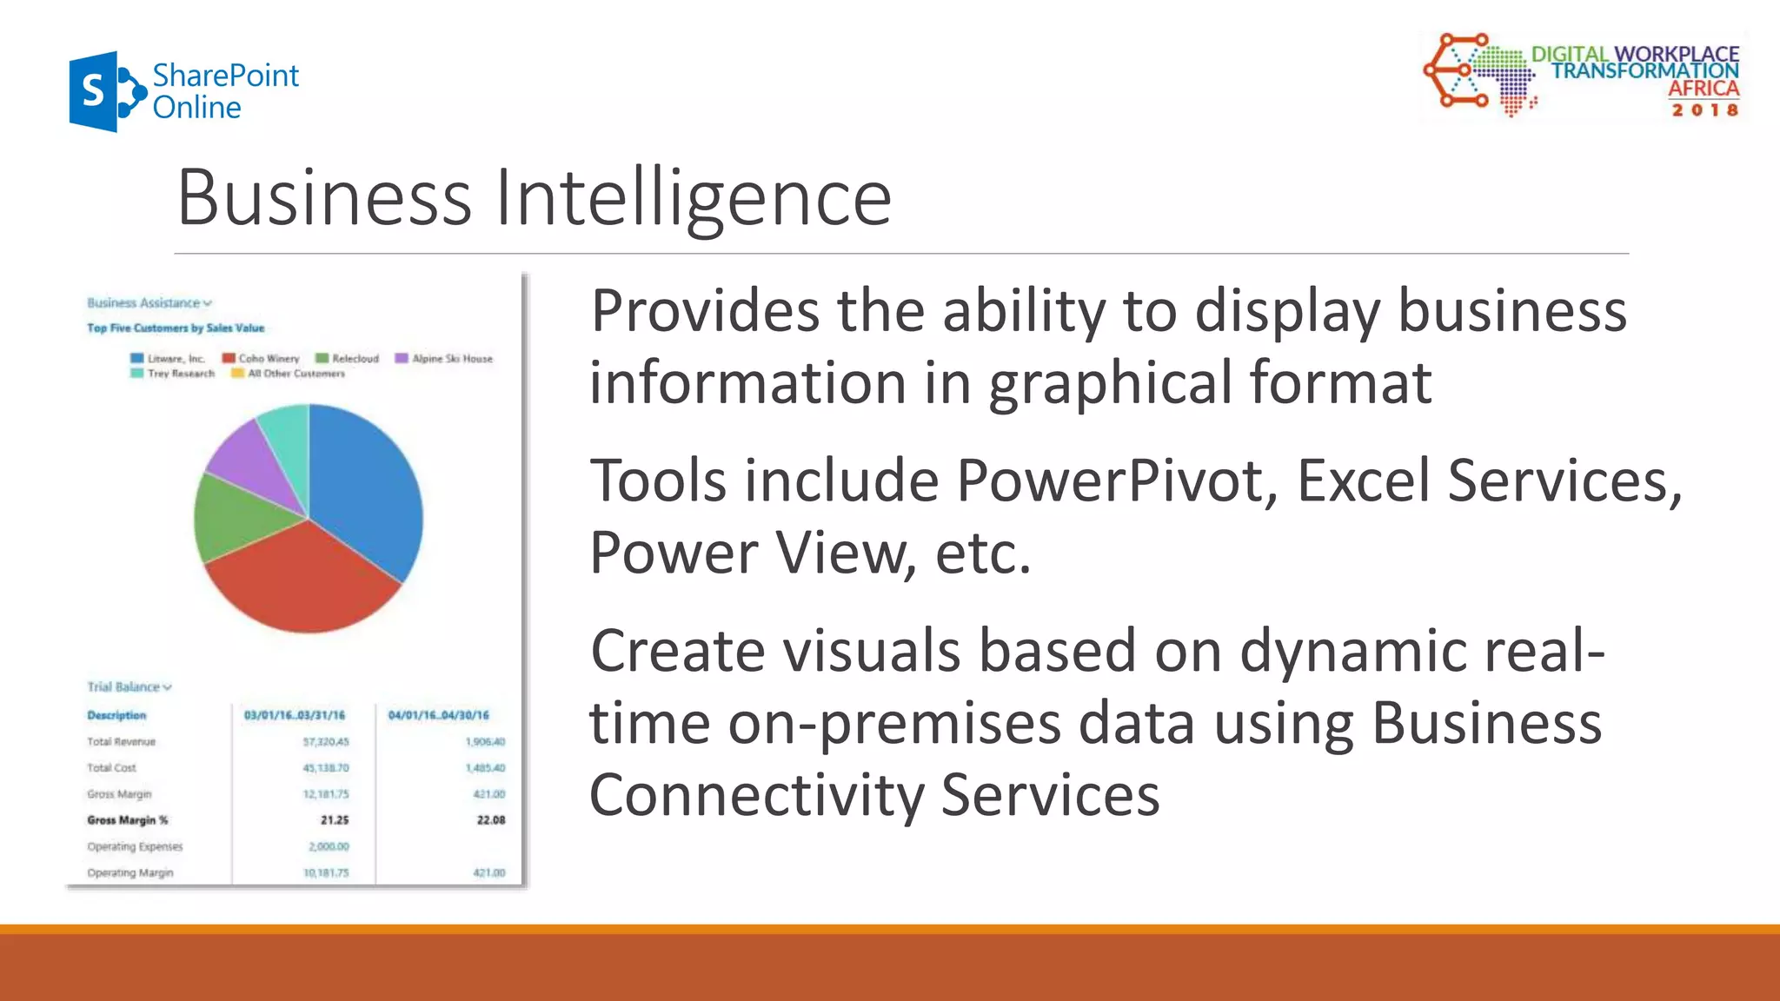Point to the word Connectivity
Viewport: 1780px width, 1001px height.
(757, 795)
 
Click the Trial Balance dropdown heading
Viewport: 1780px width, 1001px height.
(129, 686)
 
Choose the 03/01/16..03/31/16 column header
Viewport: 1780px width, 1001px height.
(295, 715)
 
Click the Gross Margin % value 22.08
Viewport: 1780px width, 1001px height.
(490, 820)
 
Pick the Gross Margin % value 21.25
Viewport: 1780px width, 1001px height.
(334, 820)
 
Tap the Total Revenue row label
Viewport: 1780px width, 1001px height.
(121, 742)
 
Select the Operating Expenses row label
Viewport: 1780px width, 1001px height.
(135, 846)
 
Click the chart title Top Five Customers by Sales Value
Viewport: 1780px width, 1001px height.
(176, 328)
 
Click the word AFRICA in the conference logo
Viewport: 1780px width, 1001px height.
(1703, 89)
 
